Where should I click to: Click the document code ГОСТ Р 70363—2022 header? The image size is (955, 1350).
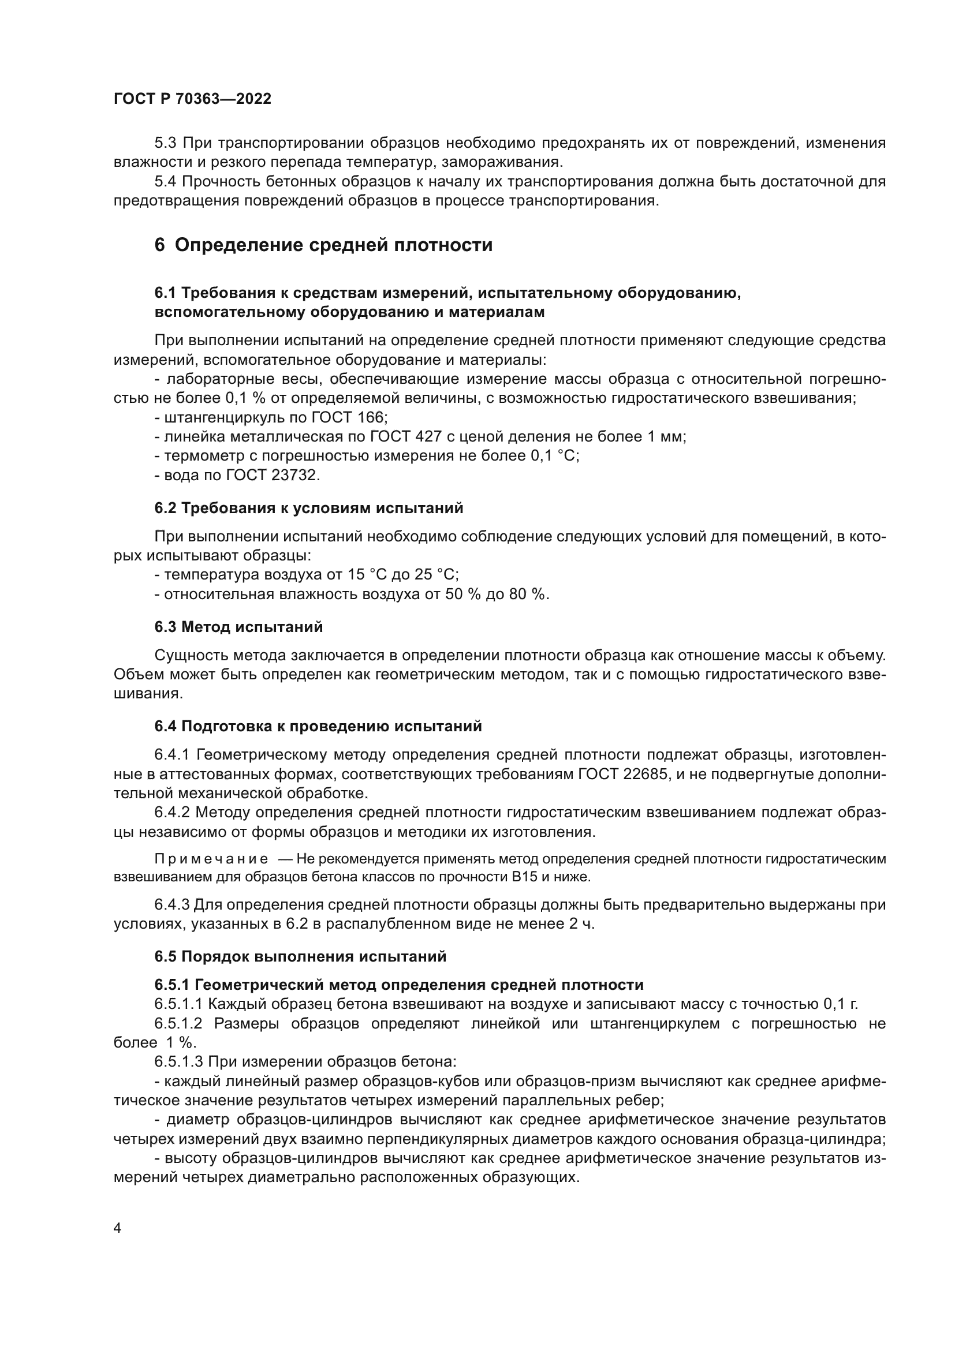192,99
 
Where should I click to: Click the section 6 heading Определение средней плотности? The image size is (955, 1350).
323,245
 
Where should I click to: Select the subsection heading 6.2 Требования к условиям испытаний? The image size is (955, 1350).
309,508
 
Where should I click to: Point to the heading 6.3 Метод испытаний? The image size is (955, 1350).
239,627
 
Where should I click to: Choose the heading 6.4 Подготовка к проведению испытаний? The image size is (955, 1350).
318,726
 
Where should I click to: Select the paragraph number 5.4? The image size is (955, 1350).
169,181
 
